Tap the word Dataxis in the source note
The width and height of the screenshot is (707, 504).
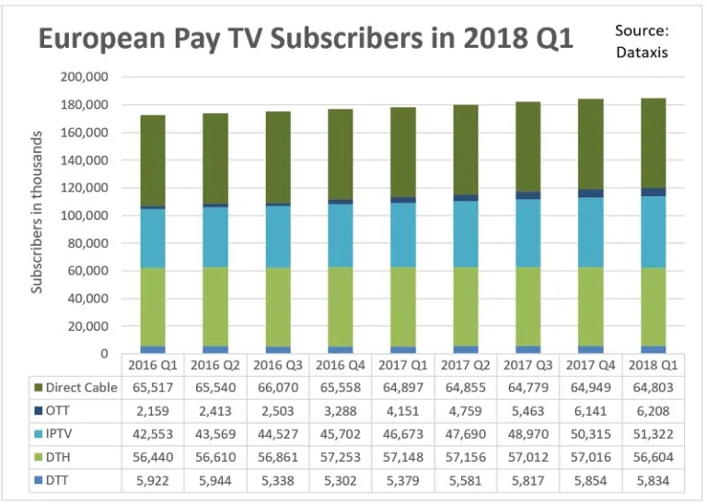point(642,53)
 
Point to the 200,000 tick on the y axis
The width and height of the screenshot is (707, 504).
point(85,76)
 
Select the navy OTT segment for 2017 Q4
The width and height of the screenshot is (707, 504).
point(578,193)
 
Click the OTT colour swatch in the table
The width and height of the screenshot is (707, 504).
point(39,411)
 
